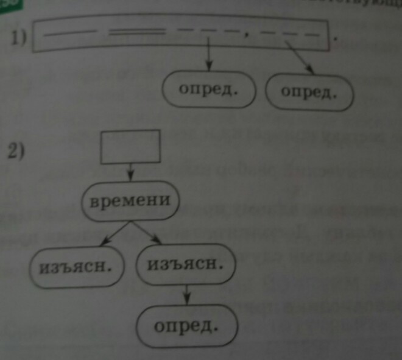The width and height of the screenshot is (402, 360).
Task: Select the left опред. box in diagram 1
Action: [x=208, y=90]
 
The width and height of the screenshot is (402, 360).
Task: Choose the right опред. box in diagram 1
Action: [x=310, y=92]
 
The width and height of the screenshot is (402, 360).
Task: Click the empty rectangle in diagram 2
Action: [x=130, y=147]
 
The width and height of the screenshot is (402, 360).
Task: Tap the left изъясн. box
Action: [x=77, y=267]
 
